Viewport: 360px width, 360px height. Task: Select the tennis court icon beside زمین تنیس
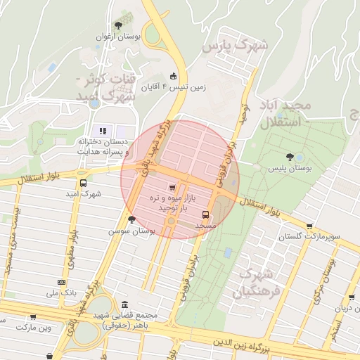point(174,76)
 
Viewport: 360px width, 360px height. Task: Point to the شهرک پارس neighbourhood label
point(236,46)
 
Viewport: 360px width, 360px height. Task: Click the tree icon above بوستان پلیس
point(290,157)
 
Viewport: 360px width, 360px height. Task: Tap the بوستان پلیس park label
point(290,169)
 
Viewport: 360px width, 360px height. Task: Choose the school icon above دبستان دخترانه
point(103,130)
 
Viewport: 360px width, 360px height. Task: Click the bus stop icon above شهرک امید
point(84,181)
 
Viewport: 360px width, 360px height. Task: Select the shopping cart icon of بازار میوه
point(172,188)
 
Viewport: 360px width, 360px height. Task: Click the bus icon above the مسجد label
point(205,214)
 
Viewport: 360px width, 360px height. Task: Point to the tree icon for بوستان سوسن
point(131,219)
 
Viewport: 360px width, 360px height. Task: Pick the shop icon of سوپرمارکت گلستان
point(309,226)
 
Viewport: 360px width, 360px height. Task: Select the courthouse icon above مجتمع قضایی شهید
point(124,305)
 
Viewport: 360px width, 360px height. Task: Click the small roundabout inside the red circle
point(171,222)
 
